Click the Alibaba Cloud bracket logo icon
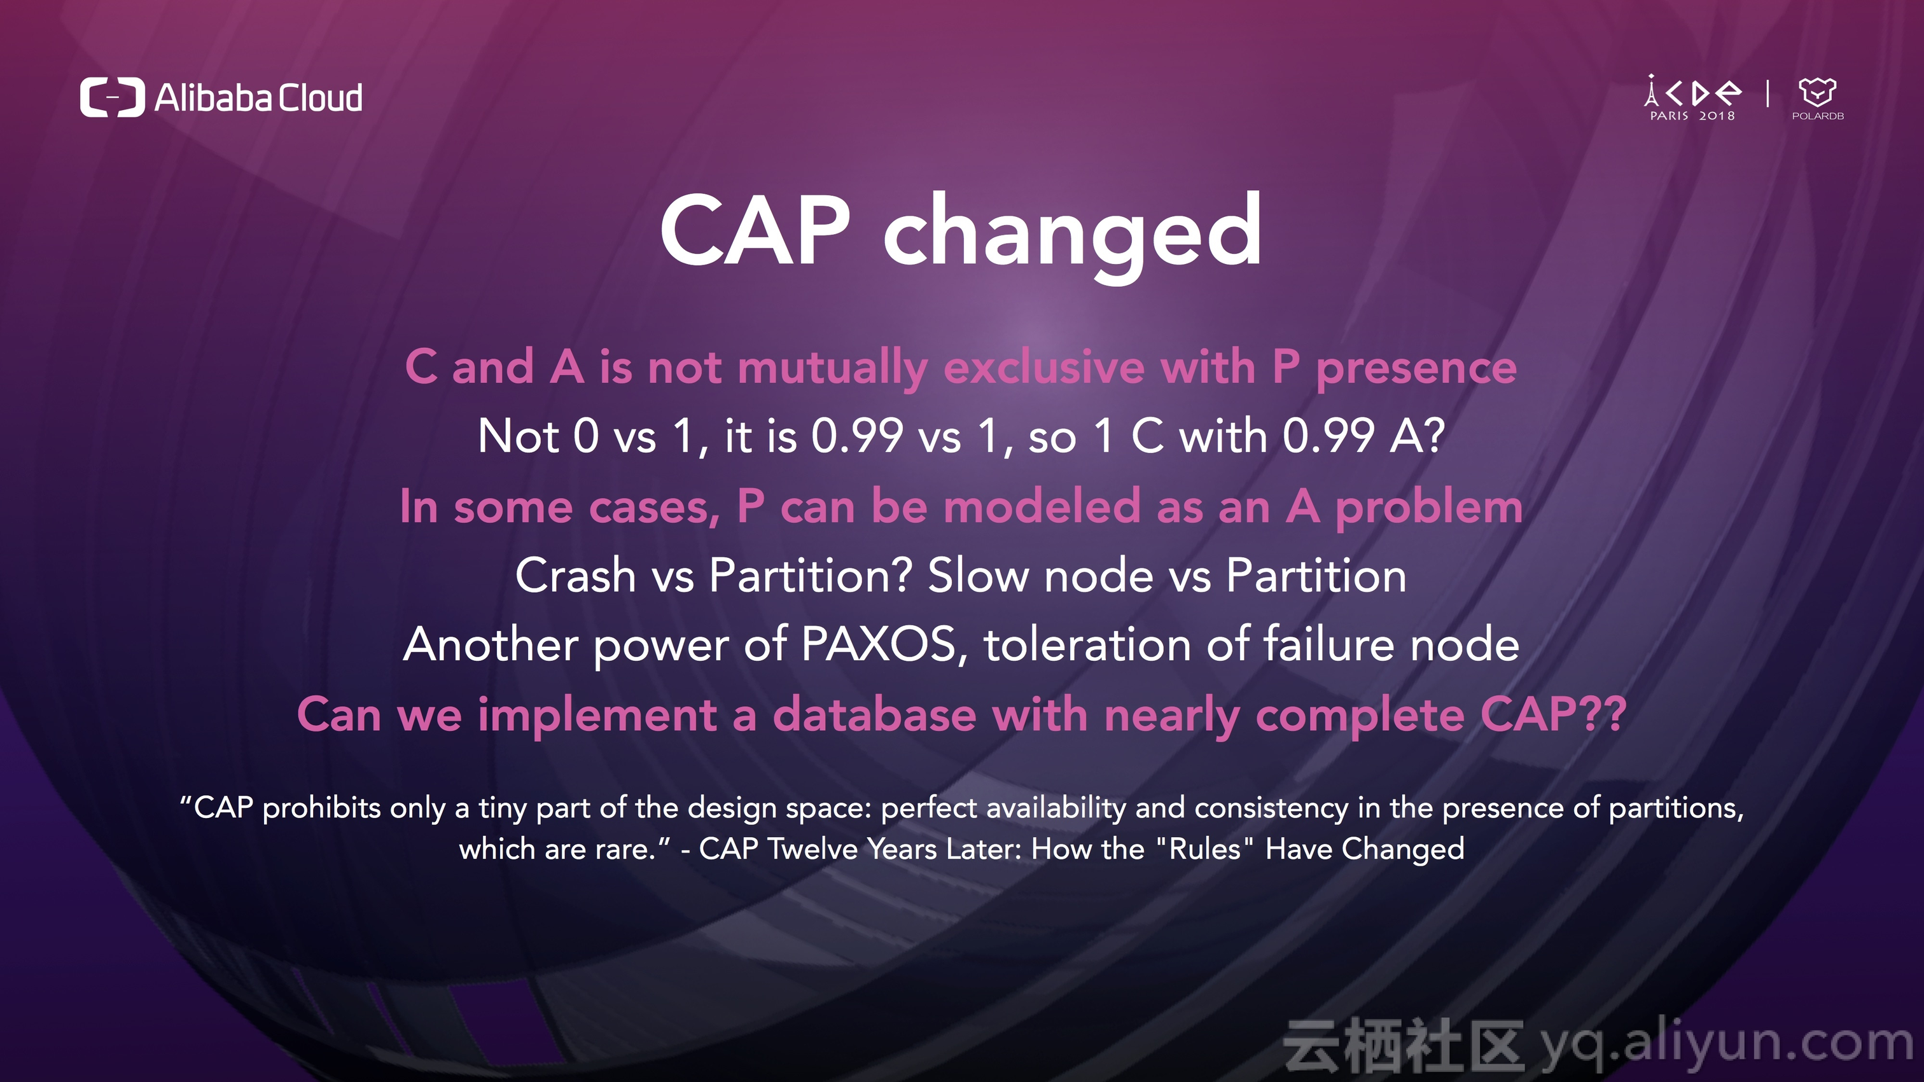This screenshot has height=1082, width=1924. click(112, 97)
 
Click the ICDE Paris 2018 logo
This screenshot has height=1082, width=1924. click(1693, 98)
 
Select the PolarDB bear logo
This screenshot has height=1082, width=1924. click(1817, 98)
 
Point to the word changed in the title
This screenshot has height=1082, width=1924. click(1073, 235)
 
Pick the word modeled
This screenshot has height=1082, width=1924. click(1042, 506)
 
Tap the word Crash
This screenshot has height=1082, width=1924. click(575, 576)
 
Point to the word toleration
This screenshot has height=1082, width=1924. click(1087, 644)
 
